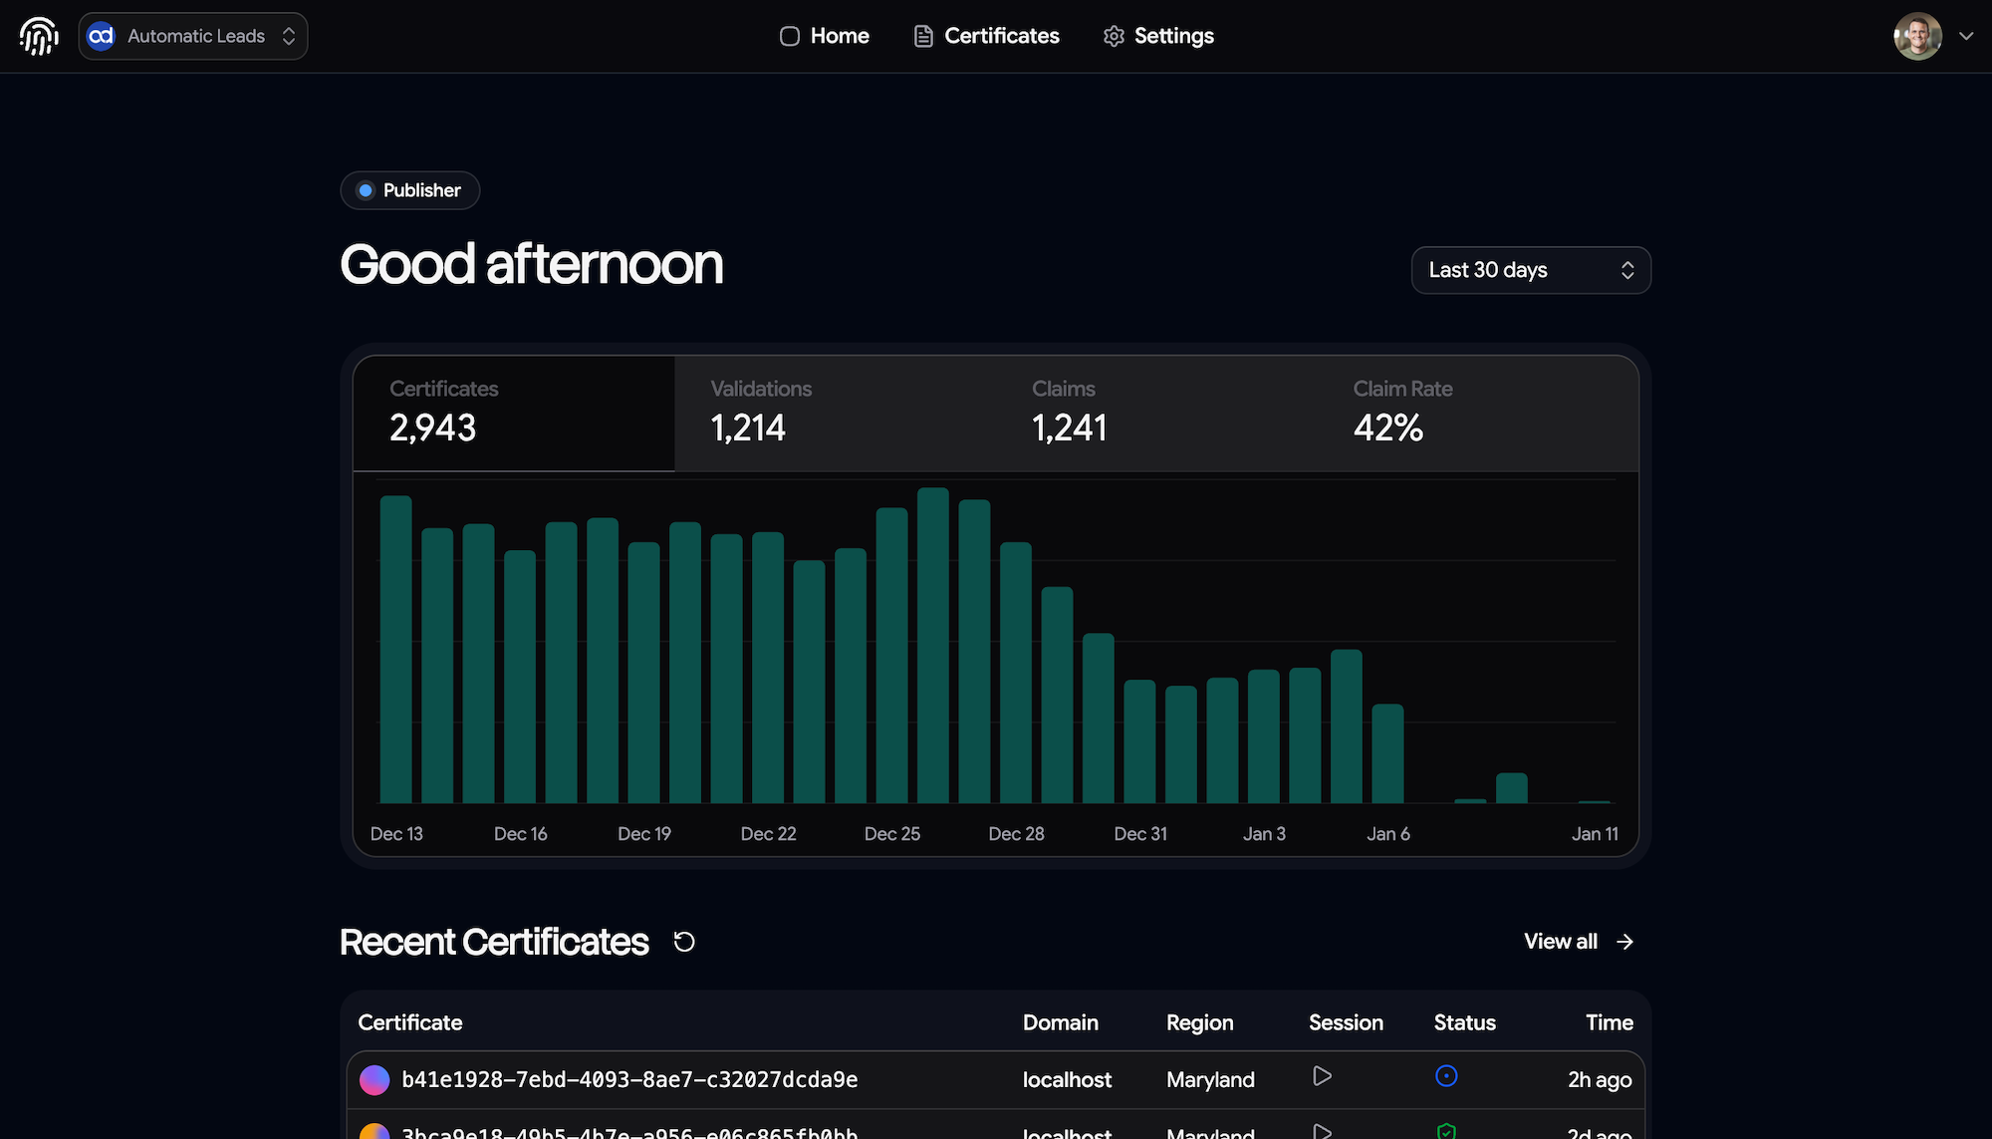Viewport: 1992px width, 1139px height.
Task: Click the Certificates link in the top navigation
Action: click(987, 36)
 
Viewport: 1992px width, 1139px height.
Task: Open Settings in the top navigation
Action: click(1158, 36)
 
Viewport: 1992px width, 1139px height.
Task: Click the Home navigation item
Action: click(825, 36)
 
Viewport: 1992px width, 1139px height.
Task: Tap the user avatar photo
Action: click(1917, 36)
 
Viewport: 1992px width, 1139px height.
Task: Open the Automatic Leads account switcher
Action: click(193, 36)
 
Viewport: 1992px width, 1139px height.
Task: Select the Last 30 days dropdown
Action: click(1531, 270)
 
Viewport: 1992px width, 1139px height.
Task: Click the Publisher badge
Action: click(410, 190)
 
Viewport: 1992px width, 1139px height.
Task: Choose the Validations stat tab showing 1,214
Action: click(835, 413)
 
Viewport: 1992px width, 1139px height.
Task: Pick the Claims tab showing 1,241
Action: click(1155, 413)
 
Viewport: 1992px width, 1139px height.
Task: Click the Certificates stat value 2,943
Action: click(433, 428)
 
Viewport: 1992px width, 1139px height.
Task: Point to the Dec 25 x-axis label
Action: click(892, 834)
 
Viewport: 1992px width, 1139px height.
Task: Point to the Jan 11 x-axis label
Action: click(1595, 834)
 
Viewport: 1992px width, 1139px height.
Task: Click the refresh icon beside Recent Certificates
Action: click(684, 942)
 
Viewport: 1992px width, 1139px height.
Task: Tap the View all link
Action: click(1579, 942)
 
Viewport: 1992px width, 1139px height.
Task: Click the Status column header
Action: click(1464, 1022)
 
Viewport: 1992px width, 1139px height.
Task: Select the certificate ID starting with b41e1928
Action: click(629, 1080)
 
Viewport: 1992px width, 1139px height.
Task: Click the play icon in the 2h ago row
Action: click(1322, 1076)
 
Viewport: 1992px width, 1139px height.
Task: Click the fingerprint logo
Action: click(39, 36)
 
